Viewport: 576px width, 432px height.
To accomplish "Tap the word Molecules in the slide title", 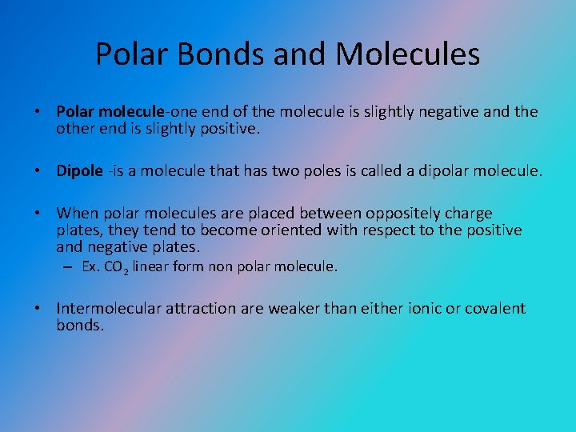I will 408,54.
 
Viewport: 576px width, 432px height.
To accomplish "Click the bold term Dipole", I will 79,170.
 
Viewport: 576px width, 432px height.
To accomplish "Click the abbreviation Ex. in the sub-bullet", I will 90,266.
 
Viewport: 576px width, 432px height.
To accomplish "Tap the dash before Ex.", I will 70,266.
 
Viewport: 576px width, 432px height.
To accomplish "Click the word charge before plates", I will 468,214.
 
